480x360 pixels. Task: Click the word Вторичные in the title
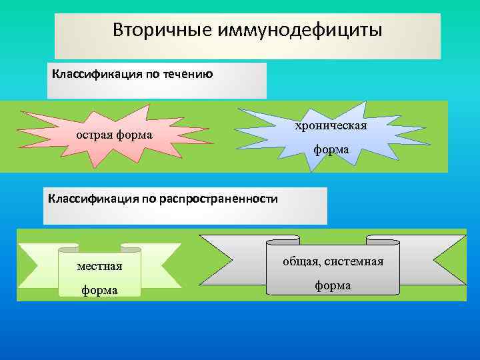154,30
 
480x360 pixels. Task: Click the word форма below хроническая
331,150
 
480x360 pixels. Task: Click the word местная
100,266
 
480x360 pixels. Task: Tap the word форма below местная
100,290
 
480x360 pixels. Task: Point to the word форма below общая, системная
333,285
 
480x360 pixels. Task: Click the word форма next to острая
133,136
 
